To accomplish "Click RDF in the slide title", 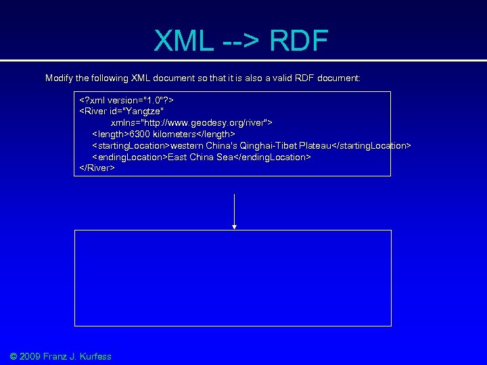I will [298, 41].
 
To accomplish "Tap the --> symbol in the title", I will [240, 43].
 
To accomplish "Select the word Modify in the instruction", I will [59, 78].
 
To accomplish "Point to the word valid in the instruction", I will [278, 78].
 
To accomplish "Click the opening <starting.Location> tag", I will [131, 146].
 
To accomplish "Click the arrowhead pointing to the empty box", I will [234, 226].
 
